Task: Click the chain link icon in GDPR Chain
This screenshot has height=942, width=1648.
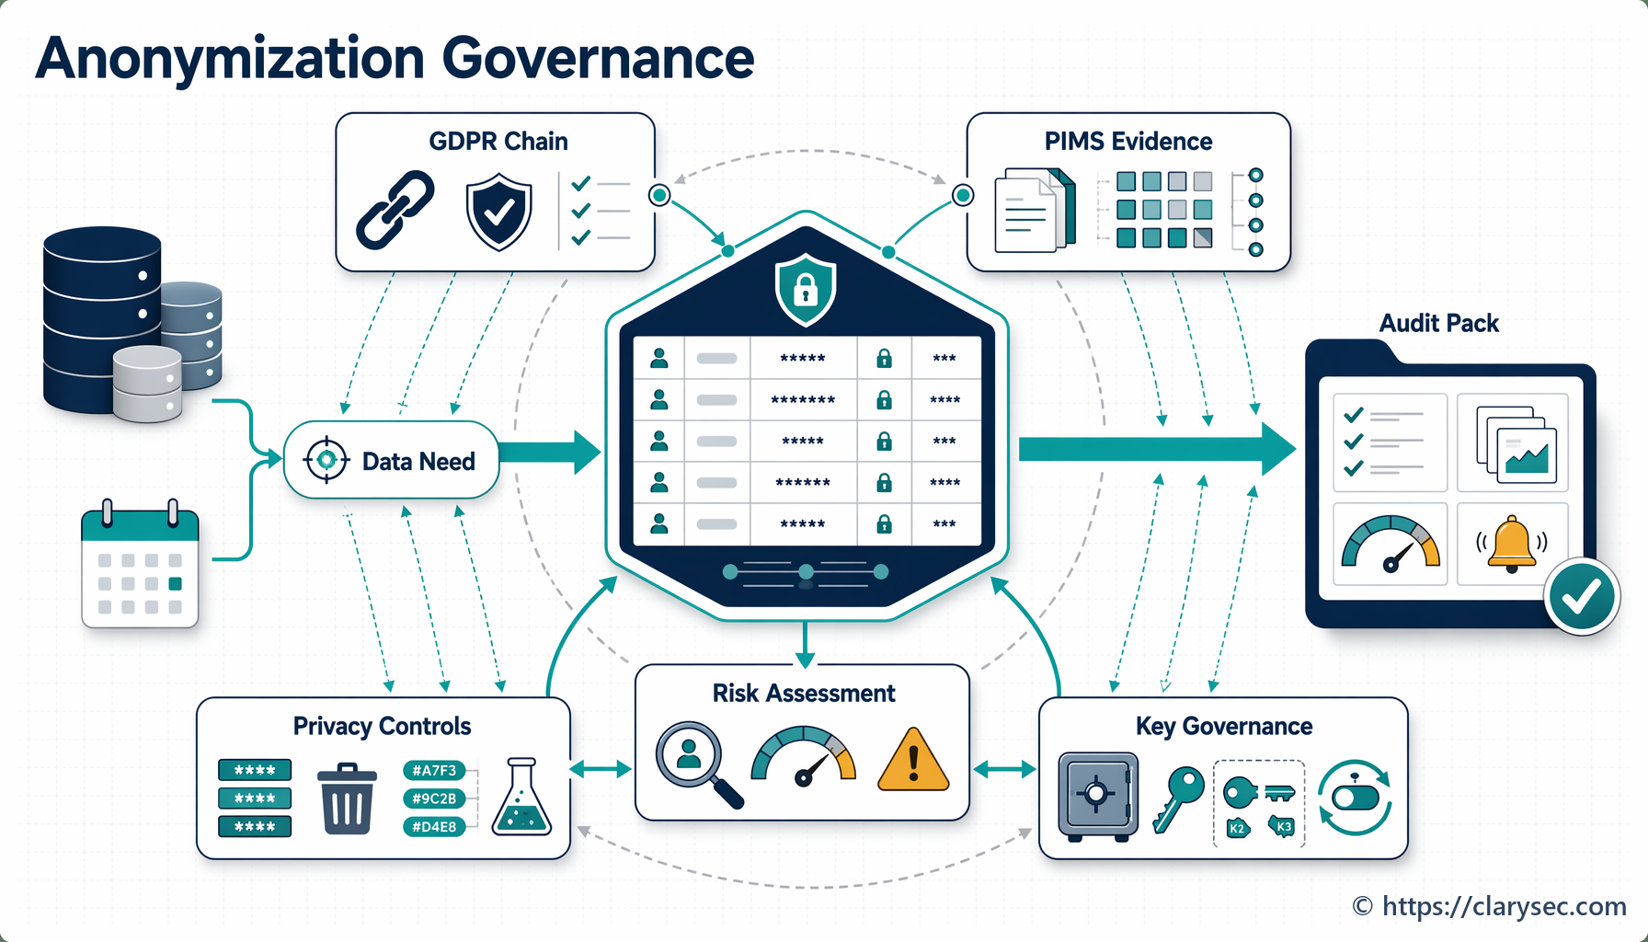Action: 395,210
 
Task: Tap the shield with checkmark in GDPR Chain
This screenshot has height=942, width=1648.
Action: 498,212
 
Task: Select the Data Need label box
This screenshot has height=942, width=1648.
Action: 392,460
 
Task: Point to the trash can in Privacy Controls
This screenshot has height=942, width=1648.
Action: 347,798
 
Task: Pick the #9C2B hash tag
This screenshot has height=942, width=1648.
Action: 434,798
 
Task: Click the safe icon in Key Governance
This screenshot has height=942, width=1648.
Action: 1097,797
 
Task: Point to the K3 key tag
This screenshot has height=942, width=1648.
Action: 1282,826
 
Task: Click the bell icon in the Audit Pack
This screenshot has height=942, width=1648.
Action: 1512,544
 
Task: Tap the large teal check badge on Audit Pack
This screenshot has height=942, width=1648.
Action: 1582,596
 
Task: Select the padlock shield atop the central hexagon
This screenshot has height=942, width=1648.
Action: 806,290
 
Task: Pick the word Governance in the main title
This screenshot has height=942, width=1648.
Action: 598,58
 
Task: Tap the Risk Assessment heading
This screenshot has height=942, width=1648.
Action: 804,693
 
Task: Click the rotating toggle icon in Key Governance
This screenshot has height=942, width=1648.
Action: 1355,797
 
